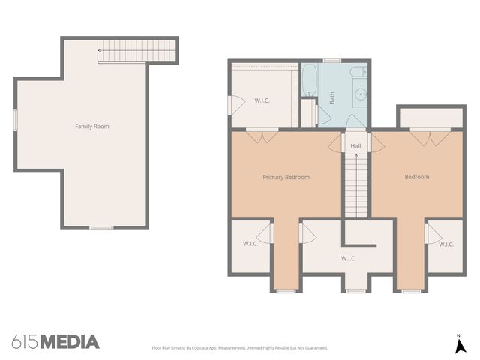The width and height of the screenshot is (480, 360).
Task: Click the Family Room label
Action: [91, 127]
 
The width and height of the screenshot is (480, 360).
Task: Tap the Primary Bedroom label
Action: [286, 178]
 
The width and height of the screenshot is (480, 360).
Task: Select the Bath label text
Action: [332, 97]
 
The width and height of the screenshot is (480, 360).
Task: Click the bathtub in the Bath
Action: [310, 81]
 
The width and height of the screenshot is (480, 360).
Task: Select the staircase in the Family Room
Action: [136, 52]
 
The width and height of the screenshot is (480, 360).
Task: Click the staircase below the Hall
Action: [356, 184]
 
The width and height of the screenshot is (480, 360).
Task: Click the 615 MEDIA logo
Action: [55, 342]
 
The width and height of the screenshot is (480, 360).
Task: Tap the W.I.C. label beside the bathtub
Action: [262, 100]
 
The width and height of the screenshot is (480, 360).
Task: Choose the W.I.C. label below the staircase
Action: [348, 259]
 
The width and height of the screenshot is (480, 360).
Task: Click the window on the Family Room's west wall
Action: [15, 119]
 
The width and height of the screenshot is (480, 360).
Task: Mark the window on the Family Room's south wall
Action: [100, 227]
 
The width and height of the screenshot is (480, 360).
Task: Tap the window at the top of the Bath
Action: [332, 61]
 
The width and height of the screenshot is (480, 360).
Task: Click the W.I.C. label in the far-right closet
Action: [445, 244]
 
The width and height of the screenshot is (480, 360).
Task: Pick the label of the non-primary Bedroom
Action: [417, 178]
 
